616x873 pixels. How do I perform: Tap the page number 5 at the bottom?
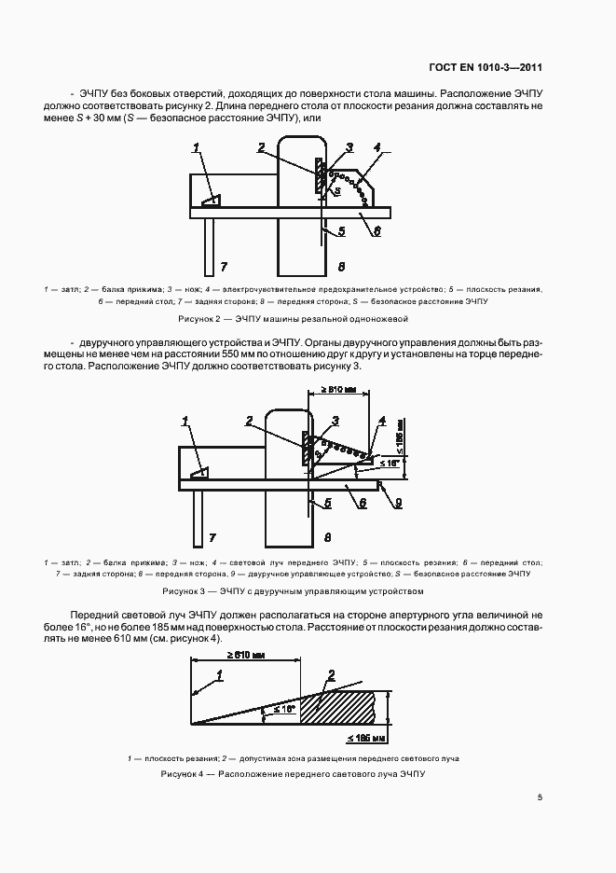pyautogui.click(x=541, y=797)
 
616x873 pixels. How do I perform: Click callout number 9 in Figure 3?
pyautogui.click(x=399, y=504)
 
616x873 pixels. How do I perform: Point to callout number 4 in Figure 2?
pyautogui.click(x=376, y=148)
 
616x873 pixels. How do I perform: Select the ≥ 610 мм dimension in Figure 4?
pyautogui.click(x=245, y=657)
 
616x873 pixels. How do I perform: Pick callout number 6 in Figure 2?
pyautogui.click(x=376, y=231)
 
